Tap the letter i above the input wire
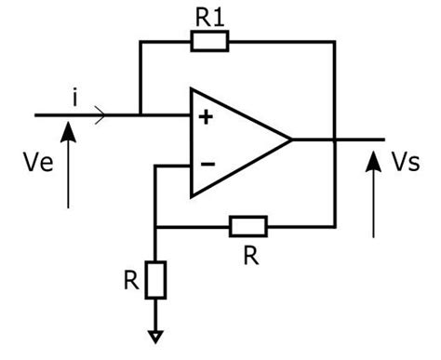coord(73,94)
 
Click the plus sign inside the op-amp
coord(205,117)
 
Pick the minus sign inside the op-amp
coord(207,164)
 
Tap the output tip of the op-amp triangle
coord(291,140)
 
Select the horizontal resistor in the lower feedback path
coord(247,226)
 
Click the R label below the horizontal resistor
coord(249,255)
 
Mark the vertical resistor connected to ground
coord(155,280)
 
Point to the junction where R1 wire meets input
coord(140,115)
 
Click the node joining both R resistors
coord(155,226)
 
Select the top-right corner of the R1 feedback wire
coord(334,41)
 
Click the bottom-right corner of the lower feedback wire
coord(334,226)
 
